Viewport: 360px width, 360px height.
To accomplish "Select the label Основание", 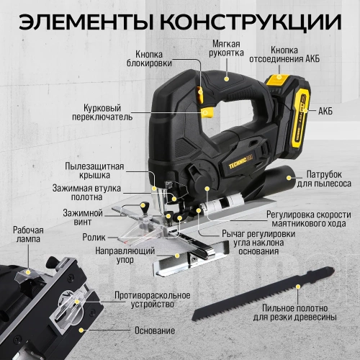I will [154, 330].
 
